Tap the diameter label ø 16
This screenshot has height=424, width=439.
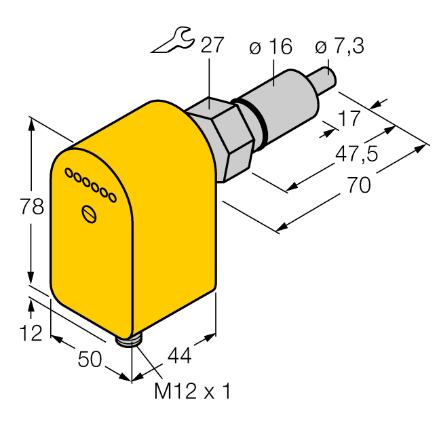[271, 47]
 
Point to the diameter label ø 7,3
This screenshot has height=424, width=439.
[339, 47]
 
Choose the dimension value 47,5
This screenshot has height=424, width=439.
[358, 154]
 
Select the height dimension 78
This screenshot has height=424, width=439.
[31, 207]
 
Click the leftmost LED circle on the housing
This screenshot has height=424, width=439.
[68, 174]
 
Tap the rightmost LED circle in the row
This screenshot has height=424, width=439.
[112, 197]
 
